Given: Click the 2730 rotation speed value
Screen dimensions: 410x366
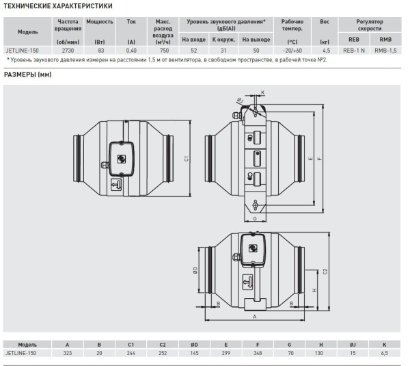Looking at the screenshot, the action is click(x=68, y=51).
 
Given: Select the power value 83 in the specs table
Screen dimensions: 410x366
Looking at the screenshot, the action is click(x=100, y=51).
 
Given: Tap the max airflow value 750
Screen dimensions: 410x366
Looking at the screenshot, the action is click(x=164, y=51).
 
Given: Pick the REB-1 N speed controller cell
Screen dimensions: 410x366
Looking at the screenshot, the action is click(x=354, y=51).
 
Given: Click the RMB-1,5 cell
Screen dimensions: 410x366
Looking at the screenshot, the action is click(x=385, y=51).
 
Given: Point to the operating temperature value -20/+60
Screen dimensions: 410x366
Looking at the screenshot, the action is click(x=292, y=51).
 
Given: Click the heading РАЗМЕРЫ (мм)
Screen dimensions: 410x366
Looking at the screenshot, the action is click(x=28, y=75).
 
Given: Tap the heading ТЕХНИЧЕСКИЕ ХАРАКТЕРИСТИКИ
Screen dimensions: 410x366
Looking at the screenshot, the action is click(x=58, y=6).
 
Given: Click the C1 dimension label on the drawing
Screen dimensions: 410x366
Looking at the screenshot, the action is click(x=186, y=159).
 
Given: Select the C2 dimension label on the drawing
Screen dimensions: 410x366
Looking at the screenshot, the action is click(x=325, y=271).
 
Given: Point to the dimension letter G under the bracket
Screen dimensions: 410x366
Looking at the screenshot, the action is click(x=255, y=219).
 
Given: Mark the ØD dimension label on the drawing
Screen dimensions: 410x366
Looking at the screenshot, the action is click(x=195, y=270).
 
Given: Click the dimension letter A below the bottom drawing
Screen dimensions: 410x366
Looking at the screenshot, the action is click(x=255, y=317).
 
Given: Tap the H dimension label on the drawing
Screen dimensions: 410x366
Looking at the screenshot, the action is click(x=314, y=290).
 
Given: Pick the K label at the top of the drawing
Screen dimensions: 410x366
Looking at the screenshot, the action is click(x=263, y=92).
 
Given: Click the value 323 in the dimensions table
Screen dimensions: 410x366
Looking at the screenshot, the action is click(x=68, y=353).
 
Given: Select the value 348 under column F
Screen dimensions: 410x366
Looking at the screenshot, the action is click(x=258, y=353).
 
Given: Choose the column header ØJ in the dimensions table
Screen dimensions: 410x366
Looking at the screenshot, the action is click(x=353, y=345).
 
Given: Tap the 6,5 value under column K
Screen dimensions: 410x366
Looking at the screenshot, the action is click(x=384, y=353).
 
